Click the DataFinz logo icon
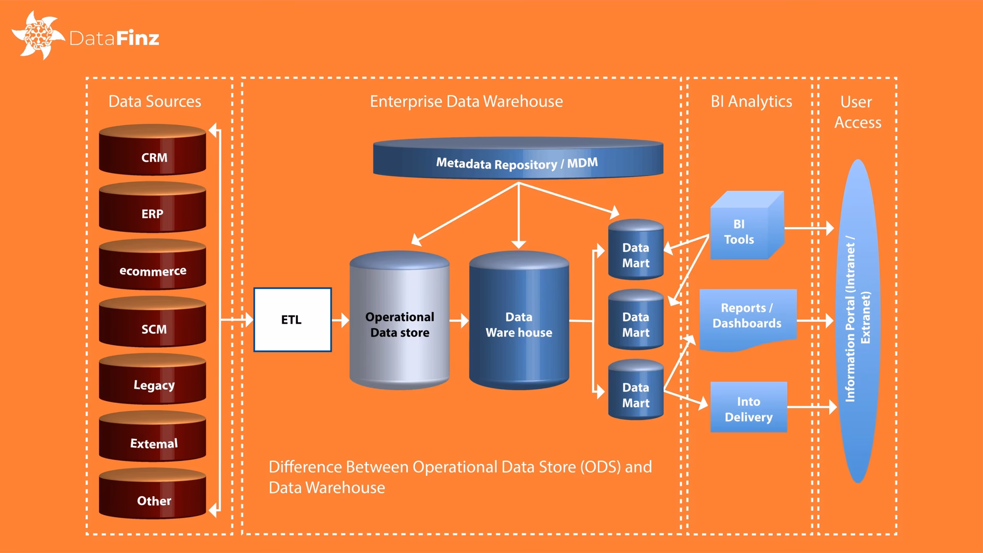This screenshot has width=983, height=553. [37, 35]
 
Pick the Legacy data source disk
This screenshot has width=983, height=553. [153, 381]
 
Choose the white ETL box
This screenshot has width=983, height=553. [292, 320]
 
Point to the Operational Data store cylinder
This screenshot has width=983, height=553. [399, 323]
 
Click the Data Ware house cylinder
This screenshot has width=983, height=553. [519, 323]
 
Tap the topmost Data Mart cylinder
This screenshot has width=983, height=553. [635, 252]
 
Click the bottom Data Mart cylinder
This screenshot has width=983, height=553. [635, 392]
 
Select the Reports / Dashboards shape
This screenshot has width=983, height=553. [747, 317]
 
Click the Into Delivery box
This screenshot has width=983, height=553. [749, 408]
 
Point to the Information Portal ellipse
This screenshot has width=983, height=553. [858, 321]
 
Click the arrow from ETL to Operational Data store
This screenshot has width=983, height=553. [340, 321]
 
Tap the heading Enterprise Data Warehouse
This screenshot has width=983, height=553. [466, 101]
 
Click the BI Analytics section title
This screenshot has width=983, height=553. [751, 101]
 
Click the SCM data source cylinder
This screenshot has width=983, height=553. [153, 325]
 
